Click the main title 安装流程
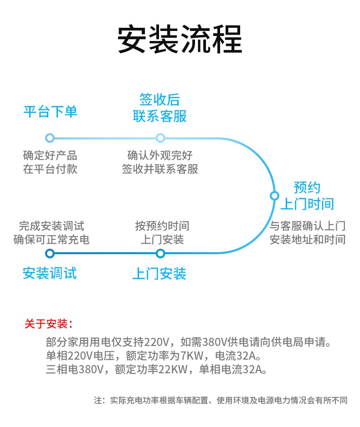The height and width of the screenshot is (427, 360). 180,40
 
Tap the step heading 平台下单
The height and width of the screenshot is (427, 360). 50,112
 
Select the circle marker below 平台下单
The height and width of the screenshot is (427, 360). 50,138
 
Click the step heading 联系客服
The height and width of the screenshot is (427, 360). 160,116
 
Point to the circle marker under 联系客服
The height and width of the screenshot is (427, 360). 160,138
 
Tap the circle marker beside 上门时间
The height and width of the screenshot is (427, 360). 274,196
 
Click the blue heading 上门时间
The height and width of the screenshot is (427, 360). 307,203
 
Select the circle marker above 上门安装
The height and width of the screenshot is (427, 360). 160,254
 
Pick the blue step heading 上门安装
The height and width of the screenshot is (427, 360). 159,274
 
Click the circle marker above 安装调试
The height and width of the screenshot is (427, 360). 50,254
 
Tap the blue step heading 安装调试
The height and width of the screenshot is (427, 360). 50,273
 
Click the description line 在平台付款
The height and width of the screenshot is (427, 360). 50,169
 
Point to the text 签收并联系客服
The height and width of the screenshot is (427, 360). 160,169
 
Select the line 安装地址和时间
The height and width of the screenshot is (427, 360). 307,239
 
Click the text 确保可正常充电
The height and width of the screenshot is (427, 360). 51,239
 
